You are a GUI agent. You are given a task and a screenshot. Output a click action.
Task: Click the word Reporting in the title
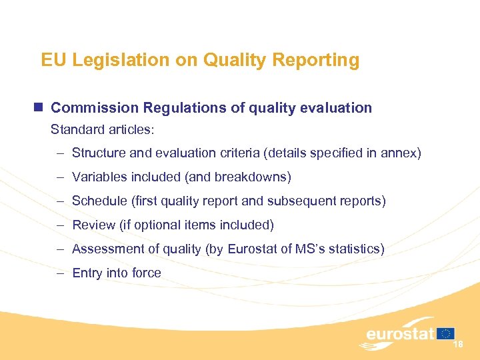323,61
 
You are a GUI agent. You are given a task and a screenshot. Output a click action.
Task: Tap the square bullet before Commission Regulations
39,107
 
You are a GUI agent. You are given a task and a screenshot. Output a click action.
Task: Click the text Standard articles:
103,129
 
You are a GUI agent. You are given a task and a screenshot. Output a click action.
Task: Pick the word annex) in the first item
402,153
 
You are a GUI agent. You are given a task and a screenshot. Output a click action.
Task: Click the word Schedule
99,201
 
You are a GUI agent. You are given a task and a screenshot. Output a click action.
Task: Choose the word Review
93,225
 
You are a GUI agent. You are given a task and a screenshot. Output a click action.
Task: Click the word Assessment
107,249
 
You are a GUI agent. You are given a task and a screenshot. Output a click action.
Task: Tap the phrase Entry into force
117,273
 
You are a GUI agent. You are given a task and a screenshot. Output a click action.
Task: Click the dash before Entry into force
60,273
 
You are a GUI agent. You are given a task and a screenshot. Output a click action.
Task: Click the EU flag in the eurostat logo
446,333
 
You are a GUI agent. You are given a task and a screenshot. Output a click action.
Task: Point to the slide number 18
458,345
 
